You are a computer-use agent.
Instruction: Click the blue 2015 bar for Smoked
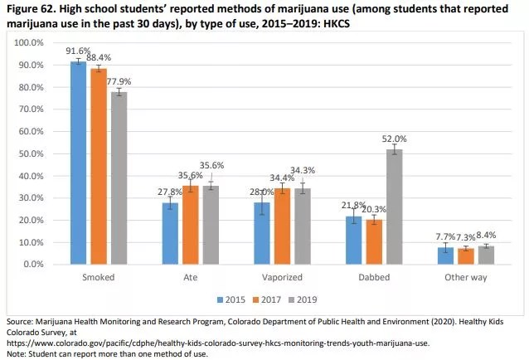(78, 163)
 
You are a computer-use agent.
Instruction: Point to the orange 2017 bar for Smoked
(99, 166)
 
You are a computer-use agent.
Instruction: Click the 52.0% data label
(394, 139)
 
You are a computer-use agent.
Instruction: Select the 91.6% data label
(78, 51)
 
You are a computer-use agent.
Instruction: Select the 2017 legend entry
(269, 299)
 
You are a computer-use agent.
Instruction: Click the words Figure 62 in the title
(27, 8)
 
